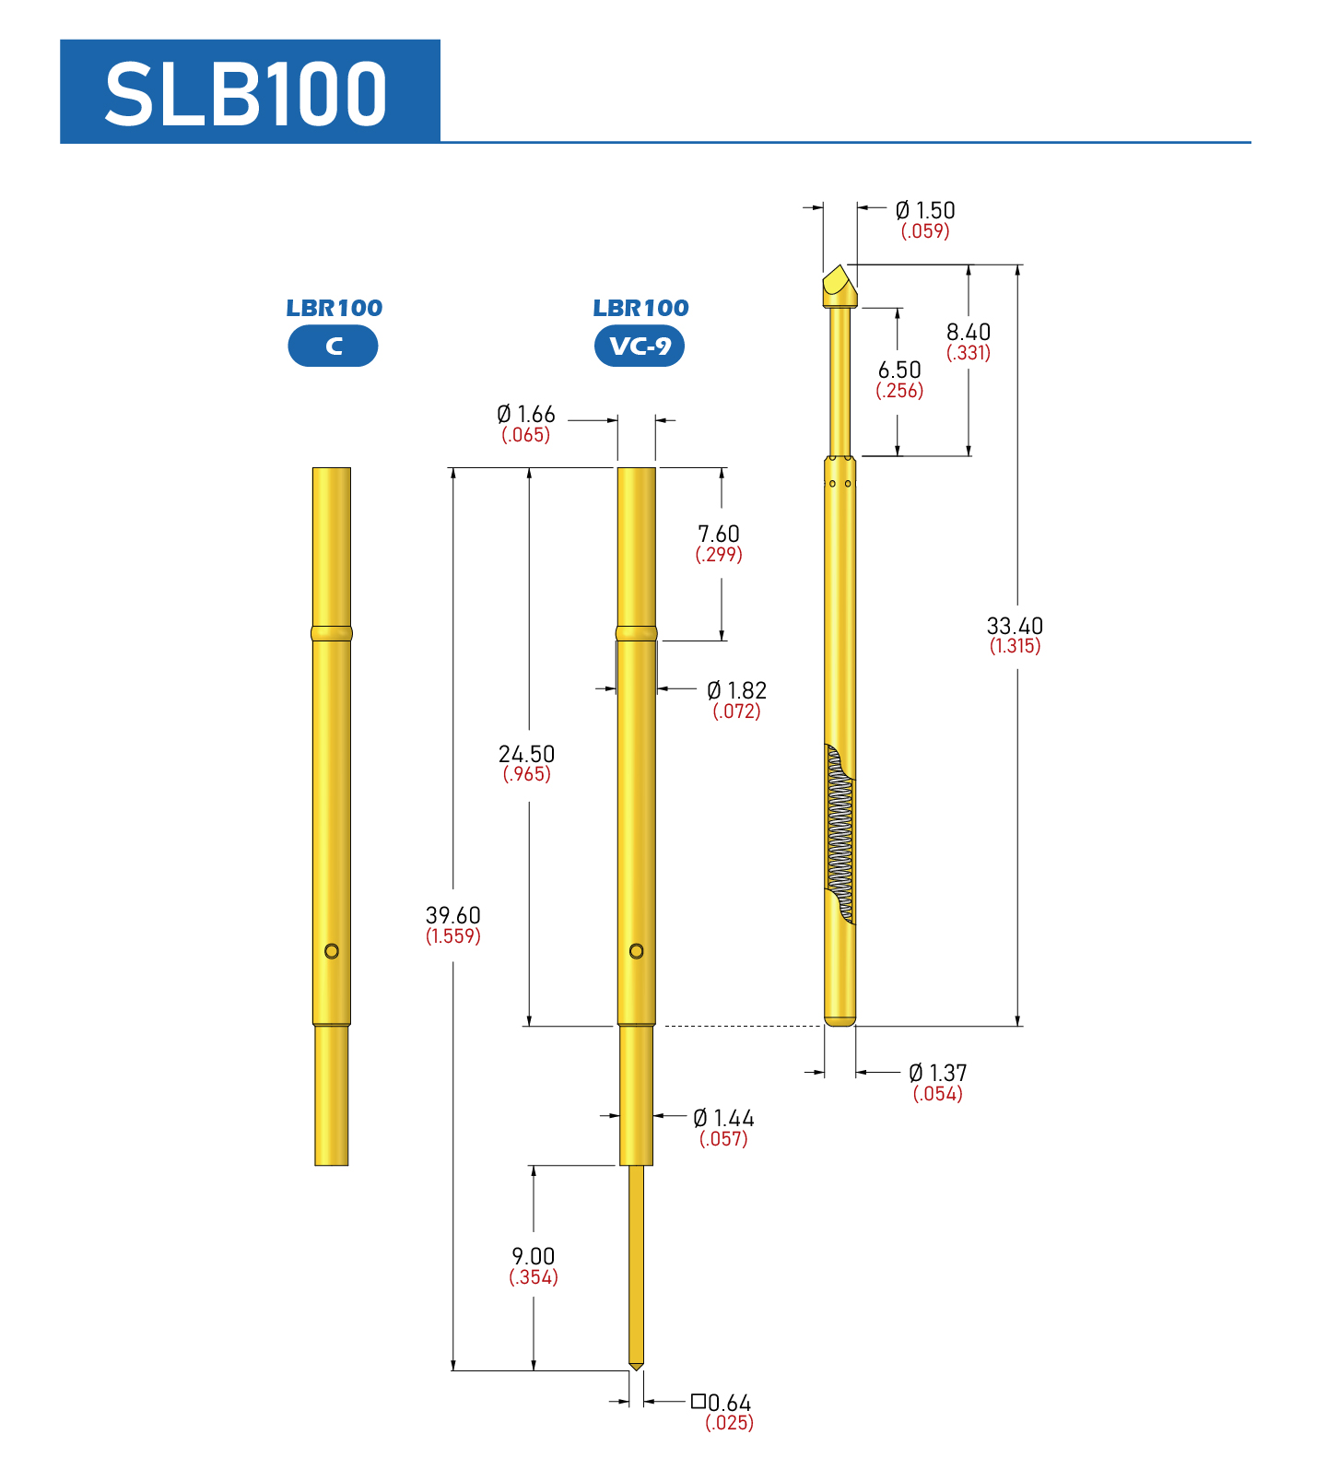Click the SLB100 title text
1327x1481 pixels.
[x=246, y=93]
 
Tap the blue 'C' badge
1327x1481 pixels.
[x=333, y=347]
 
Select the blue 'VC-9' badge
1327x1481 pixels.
[x=640, y=347]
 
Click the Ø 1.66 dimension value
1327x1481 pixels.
[x=526, y=415]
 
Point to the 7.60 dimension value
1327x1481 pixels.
[x=719, y=534]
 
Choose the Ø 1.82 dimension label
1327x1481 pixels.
[x=736, y=690]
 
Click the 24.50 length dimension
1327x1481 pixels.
[x=527, y=754]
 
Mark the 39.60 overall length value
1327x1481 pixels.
[x=453, y=915]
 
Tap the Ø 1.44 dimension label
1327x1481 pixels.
[x=723, y=1118]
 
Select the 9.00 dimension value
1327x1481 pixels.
[x=534, y=1256]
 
